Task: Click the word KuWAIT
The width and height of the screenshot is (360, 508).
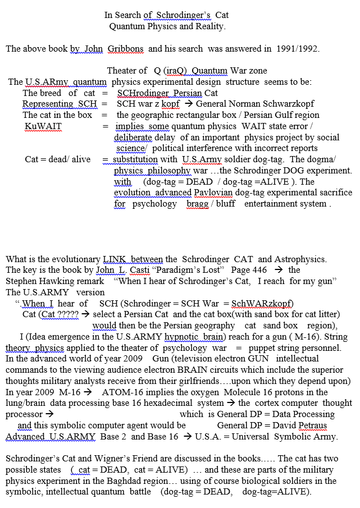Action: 43,126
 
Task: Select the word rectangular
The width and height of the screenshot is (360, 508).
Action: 203,115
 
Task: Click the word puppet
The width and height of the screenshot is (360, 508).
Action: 270,348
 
